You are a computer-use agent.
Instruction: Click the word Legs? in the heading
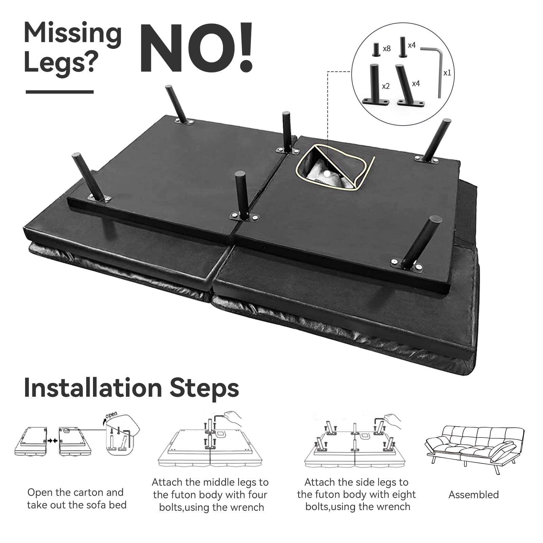(x=61, y=63)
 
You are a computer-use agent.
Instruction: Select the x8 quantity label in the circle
(x=387, y=49)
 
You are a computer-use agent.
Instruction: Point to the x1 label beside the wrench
(x=447, y=73)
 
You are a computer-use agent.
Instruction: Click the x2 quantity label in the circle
(x=386, y=87)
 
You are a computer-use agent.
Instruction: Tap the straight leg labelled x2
(x=375, y=85)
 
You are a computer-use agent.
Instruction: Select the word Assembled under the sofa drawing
(x=473, y=495)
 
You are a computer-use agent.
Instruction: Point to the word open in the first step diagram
(x=111, y=415)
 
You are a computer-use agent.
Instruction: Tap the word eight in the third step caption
(x=404, y=494)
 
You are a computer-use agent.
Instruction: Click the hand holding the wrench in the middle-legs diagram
(x=233, y=419)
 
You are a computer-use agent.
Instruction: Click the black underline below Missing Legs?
(x=60, y=92)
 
